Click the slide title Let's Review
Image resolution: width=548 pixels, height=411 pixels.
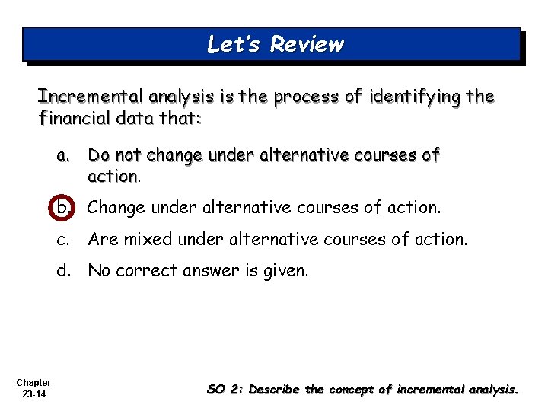point(275,44)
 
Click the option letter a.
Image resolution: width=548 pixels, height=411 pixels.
point(62,156)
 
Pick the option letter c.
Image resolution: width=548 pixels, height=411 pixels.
point(62,240)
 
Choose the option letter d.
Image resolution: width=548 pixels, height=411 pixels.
point(63,271)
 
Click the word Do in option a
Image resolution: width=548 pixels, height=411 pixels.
point(98,156)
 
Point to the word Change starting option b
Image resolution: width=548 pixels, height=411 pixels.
point(116,206)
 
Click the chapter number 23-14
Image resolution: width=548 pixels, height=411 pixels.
point(33,395)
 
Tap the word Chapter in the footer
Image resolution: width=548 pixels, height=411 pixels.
point(33,383)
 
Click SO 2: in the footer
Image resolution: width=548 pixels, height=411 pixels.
point(225,390)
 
